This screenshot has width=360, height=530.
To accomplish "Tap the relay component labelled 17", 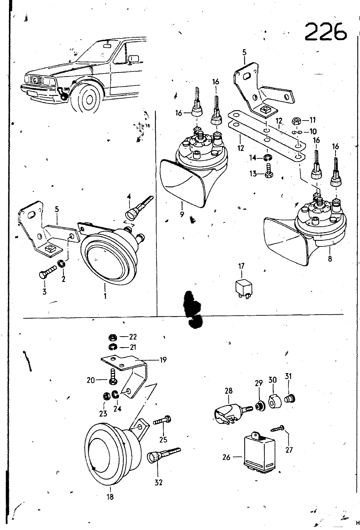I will coord(243,287).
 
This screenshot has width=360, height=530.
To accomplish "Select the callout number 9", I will coord(182,214).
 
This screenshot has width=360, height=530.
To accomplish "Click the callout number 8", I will coord(330,259).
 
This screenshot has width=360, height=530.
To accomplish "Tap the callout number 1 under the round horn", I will coord(105,295).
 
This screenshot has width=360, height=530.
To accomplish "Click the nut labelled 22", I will coord(112,338).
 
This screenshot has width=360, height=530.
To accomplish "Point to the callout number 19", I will coord(163,360).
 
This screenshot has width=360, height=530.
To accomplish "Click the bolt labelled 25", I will coord(162,421).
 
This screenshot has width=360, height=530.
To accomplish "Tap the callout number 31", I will coord(288,377).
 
